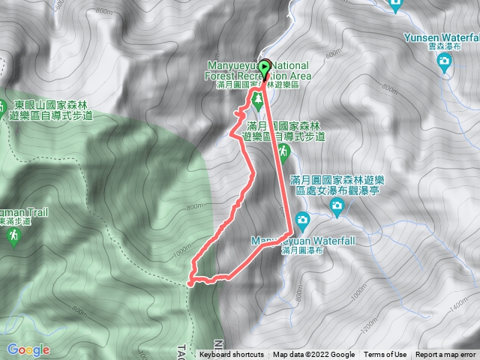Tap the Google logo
[28, 349]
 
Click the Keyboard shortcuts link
[232, 355]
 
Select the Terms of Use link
[385, 355]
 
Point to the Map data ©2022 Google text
[314, 355]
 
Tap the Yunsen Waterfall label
[440, 38]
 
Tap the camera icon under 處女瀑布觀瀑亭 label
[336, 204]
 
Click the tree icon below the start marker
[258, 98]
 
